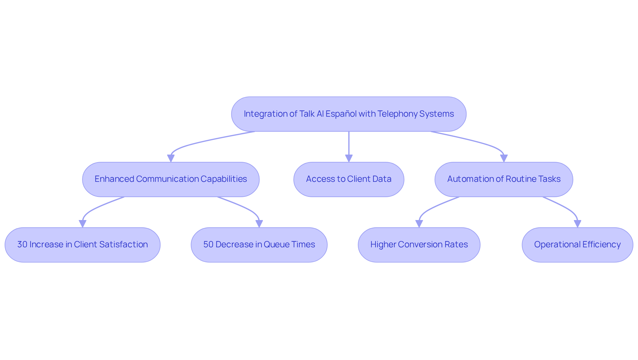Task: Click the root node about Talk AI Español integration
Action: [x=349, y=114]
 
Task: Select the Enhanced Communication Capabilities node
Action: [x=171, y=179]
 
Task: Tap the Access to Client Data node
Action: [x=349, y=179]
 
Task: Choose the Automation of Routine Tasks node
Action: [x=504, y=179]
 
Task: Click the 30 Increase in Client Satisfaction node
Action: [x=82, y=245]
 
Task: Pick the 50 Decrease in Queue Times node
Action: [x=259, y=245]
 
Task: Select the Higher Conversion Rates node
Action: [x=419, y=245]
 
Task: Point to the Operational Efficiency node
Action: [x=577, y=245]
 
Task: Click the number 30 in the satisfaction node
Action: [x=22, y=245]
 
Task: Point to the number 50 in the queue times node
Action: [x=208, y=245]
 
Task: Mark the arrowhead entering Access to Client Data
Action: [x=349, y=158]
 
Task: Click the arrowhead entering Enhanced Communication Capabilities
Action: [x=171, y=158]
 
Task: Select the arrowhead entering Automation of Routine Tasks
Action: [x=504, y=158]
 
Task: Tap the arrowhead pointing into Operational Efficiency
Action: [x=578, y=224]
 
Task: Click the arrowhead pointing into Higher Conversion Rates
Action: [x=419, y=224]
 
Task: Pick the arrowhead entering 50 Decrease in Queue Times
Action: [x=259, y=224]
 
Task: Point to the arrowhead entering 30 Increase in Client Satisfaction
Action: [x=82, y=224]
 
